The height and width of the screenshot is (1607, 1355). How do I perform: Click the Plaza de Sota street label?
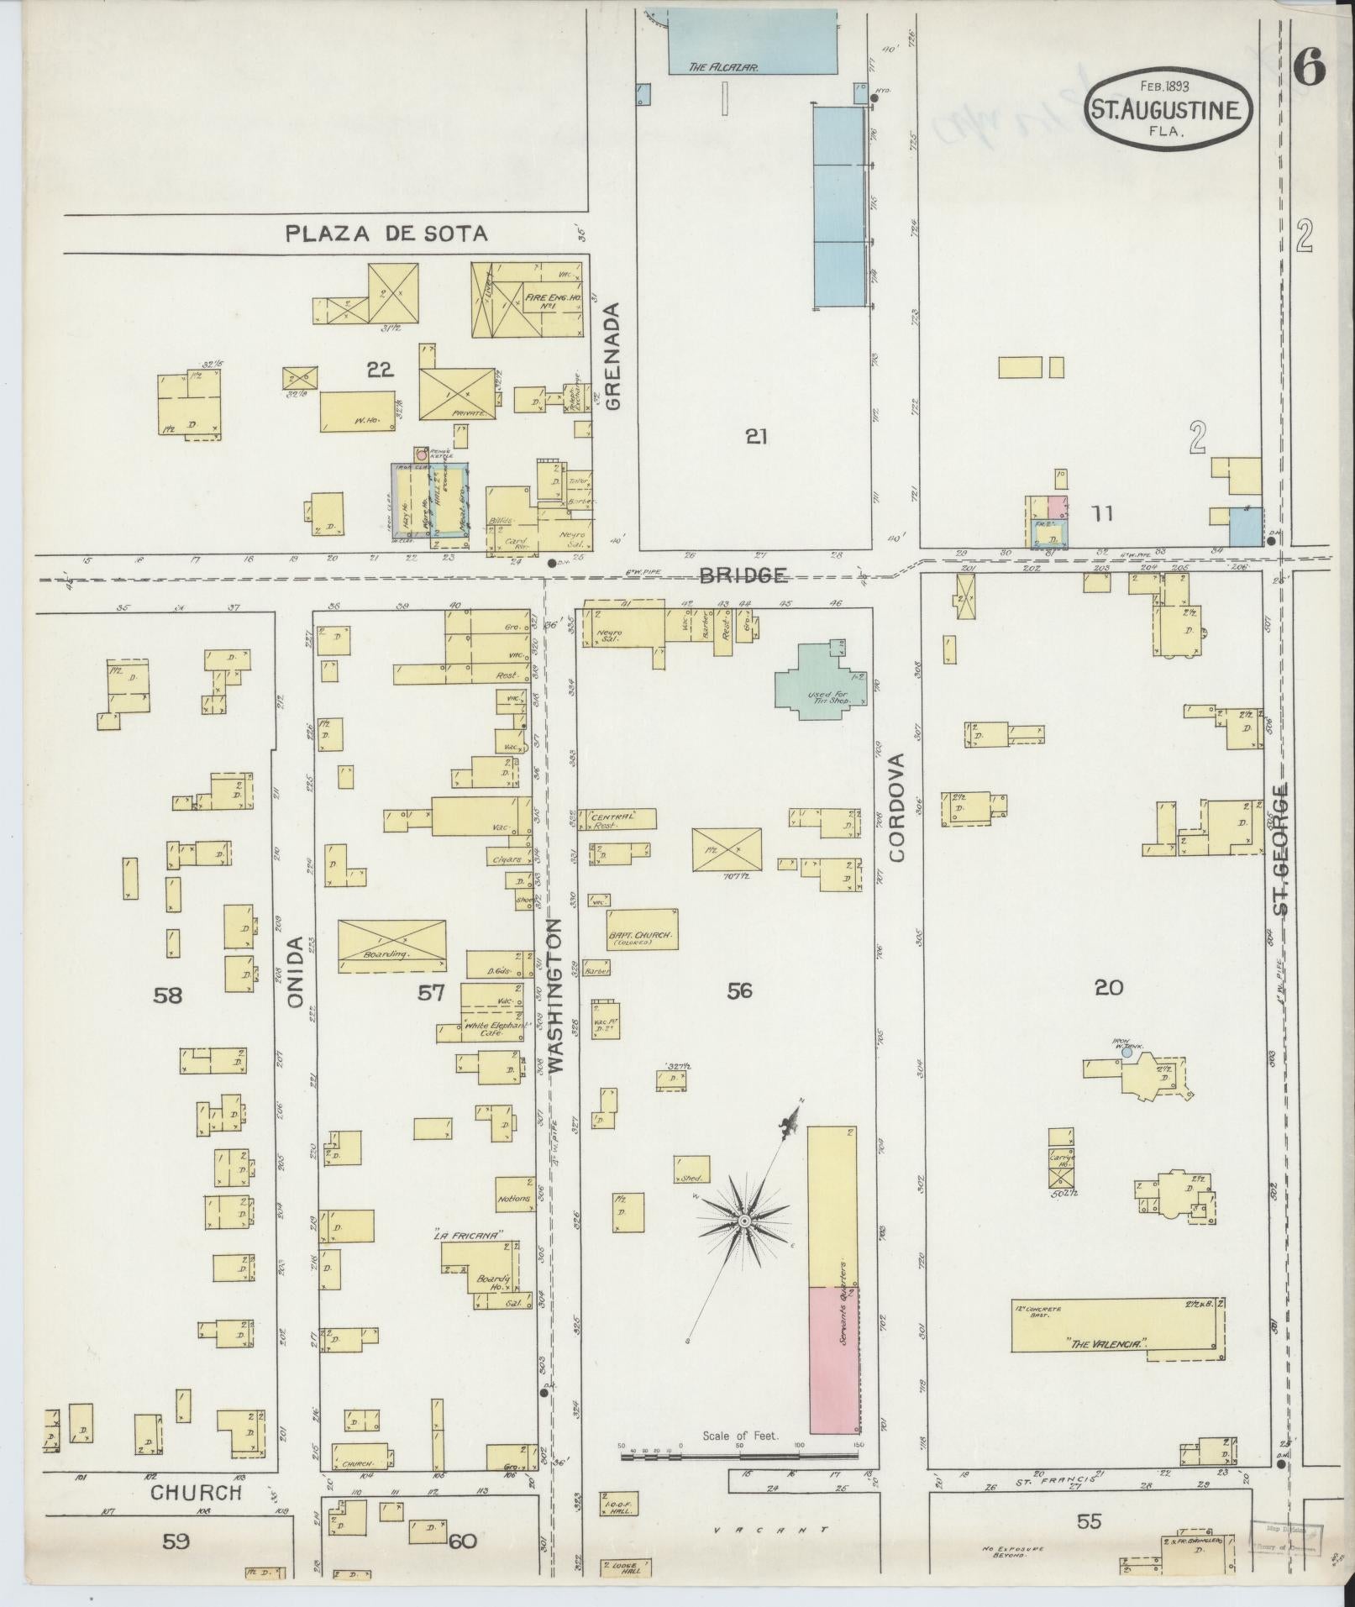(x=386, y=233)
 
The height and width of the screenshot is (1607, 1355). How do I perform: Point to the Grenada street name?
(x=612, y=356)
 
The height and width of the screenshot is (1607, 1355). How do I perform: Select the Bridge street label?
(x=743, y=575)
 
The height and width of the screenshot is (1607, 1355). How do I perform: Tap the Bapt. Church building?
(x=643, y=930)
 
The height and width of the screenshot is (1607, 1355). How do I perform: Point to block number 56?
(x=739, y=991)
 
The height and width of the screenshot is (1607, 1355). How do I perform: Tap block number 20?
(x=1108, y=988)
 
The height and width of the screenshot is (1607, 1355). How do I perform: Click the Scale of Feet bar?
(x=739, y=1455)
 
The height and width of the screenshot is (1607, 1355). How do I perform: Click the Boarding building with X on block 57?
(x=392, y=946)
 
